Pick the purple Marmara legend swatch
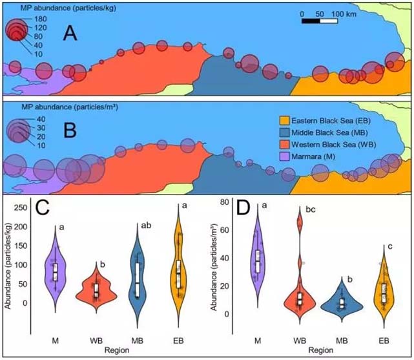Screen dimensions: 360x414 [283, 155]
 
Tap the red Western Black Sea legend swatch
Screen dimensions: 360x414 [283, 143]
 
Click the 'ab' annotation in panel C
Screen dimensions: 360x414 [147, 226]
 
